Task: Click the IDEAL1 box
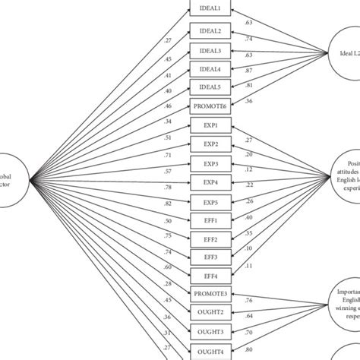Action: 209,9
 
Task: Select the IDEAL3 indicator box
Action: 209,51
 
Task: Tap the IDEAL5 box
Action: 209,88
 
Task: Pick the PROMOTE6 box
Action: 209,107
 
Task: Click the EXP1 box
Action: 209,125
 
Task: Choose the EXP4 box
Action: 209,182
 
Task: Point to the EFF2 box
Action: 209,239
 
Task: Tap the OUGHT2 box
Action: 209,312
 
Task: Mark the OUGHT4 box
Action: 209,351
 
